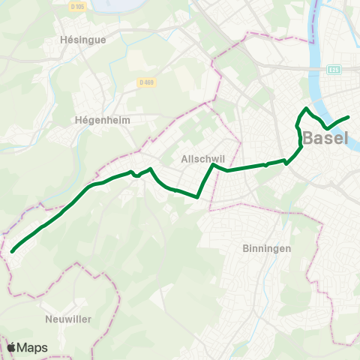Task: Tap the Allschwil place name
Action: (199, 159)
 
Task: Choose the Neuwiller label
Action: (67, 319)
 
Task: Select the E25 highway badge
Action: (334, 70)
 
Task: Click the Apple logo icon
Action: (12, 347)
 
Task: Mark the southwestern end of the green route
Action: (12, 252)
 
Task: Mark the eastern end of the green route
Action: (349, 116)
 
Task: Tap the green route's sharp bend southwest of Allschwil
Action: (197, 197)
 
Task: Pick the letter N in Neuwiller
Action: (49, 319)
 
